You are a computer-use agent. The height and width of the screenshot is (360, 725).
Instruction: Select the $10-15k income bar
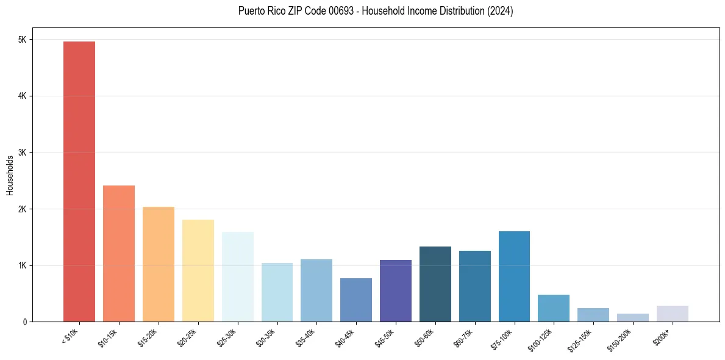coord(119,253)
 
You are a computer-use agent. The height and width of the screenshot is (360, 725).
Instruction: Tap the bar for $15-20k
coord(159,264)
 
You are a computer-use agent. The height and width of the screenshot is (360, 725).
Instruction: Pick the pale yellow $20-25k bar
coord(198,270)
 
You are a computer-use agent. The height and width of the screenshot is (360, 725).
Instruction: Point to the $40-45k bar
coord(356,300)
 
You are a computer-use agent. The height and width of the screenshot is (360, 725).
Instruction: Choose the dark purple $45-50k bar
coord(396,290)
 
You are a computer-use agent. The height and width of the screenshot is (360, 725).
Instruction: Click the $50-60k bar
coord(435,284)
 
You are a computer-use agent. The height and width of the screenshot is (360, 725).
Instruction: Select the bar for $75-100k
coord(514,276)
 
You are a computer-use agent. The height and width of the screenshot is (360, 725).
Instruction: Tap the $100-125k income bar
coord(554,308)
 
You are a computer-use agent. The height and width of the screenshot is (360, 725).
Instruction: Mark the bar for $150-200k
coord(633,317)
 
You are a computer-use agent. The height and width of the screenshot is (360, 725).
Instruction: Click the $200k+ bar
coord(673,314)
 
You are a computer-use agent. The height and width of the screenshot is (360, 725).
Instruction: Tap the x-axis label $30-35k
coord(266,337)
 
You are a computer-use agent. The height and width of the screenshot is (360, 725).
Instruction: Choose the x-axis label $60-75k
coord(463,337)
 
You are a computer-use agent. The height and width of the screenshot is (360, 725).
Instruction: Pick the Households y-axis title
coord(10,175)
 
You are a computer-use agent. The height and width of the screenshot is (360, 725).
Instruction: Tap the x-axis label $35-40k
coord(305,337)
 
